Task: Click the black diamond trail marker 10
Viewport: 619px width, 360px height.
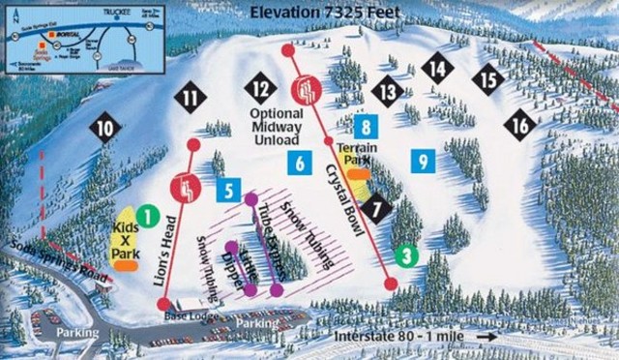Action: tap(104, 127)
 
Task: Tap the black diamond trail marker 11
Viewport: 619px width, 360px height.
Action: tap(192, 97)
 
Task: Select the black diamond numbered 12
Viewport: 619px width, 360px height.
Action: tap(259, 88)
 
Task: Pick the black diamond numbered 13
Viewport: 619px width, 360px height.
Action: tap(389, 93)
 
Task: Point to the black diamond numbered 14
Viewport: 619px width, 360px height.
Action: tap(439, 69)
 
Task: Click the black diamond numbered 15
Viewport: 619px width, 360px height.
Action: tap(489, 77)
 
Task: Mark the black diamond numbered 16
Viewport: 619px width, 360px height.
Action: tap(521, 125)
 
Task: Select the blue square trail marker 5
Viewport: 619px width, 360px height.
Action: tap(228, 191)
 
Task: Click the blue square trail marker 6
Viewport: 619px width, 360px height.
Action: tap(300, 164)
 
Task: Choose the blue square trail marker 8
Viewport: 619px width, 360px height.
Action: tap(365, 125)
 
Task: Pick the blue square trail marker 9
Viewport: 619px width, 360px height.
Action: tap(422, 161)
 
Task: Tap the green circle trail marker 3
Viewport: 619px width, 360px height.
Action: tap(407, 255)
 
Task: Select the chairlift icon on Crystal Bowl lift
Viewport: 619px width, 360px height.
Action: tap(307, 90)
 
